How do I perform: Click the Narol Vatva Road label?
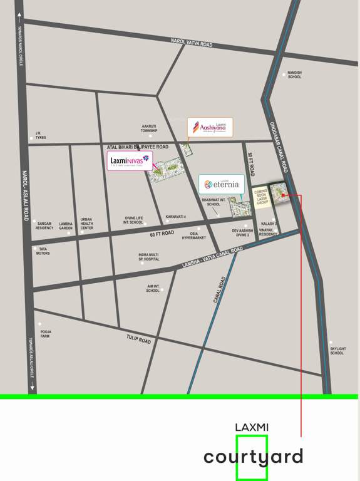(x=192, y=43)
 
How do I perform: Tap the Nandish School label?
(x=295, y=75)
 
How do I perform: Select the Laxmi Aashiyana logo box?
(x=210, y=127)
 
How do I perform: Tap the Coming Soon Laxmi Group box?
(x=260, y=196)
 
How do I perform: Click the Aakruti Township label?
(x=148, y=128)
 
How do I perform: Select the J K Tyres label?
(x=41, y=135)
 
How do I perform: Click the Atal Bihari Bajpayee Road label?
(x=138, y=146)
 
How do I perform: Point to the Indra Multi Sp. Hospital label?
(x=149, y=257)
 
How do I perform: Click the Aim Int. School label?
(x=153, y=288)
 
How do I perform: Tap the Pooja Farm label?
(x=45, y=334)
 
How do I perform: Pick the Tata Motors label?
(x=43, y=251)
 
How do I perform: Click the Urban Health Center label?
(x=86, y=224)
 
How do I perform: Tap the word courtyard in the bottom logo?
(x=253, y=457)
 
